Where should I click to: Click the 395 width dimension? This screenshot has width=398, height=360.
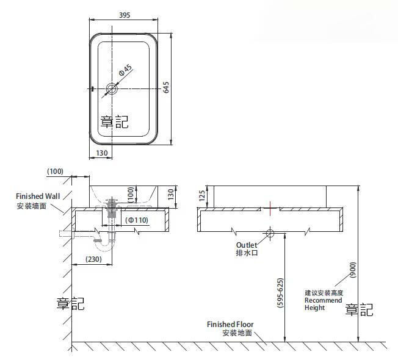125,15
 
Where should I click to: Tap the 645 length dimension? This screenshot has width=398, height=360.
166,87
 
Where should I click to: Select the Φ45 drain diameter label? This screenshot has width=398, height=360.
125,70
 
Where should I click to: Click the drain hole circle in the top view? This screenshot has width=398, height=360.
112,89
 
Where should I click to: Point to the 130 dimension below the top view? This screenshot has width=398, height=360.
101,153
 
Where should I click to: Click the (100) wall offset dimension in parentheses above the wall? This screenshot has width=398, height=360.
55,171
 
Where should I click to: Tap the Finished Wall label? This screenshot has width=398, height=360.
38,196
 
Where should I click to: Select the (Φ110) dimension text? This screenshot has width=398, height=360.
137,220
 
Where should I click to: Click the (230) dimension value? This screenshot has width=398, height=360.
93,259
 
